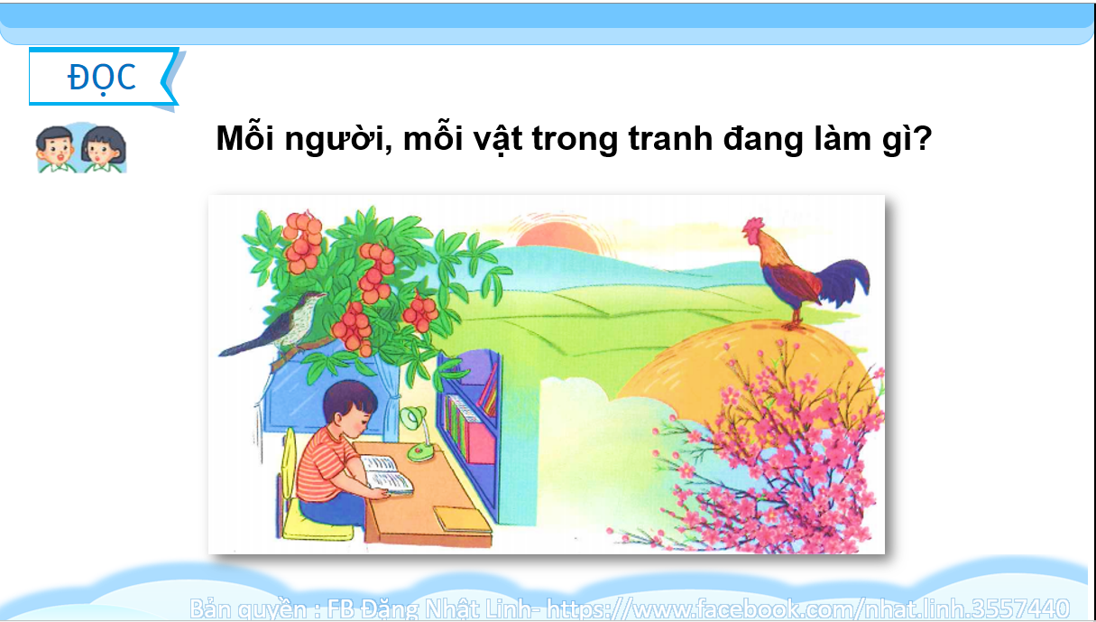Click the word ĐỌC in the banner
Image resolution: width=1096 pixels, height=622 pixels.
(x=101, y=78)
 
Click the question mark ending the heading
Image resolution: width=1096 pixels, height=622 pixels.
(x=922, y=138)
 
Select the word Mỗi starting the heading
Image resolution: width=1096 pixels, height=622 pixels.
(x=244, y=136)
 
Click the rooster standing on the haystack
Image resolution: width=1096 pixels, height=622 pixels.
(x=803, y=273)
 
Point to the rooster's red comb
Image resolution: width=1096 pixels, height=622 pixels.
(x=753, y=225)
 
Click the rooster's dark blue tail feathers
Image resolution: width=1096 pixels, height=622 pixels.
(x=845, y=283)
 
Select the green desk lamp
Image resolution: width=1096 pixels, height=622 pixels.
(x=418, y=434)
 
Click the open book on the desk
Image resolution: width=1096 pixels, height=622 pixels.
(x=388, y=474)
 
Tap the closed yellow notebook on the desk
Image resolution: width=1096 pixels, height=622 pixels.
(x=463, y=519)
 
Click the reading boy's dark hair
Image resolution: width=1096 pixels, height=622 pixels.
(x=349, y=399)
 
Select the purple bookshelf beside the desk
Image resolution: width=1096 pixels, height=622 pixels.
(x=470, y=431)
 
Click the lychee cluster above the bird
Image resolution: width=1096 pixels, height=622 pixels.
(x=303, y=243)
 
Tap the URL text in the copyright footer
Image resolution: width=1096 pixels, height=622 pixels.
(x=807, y=608)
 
